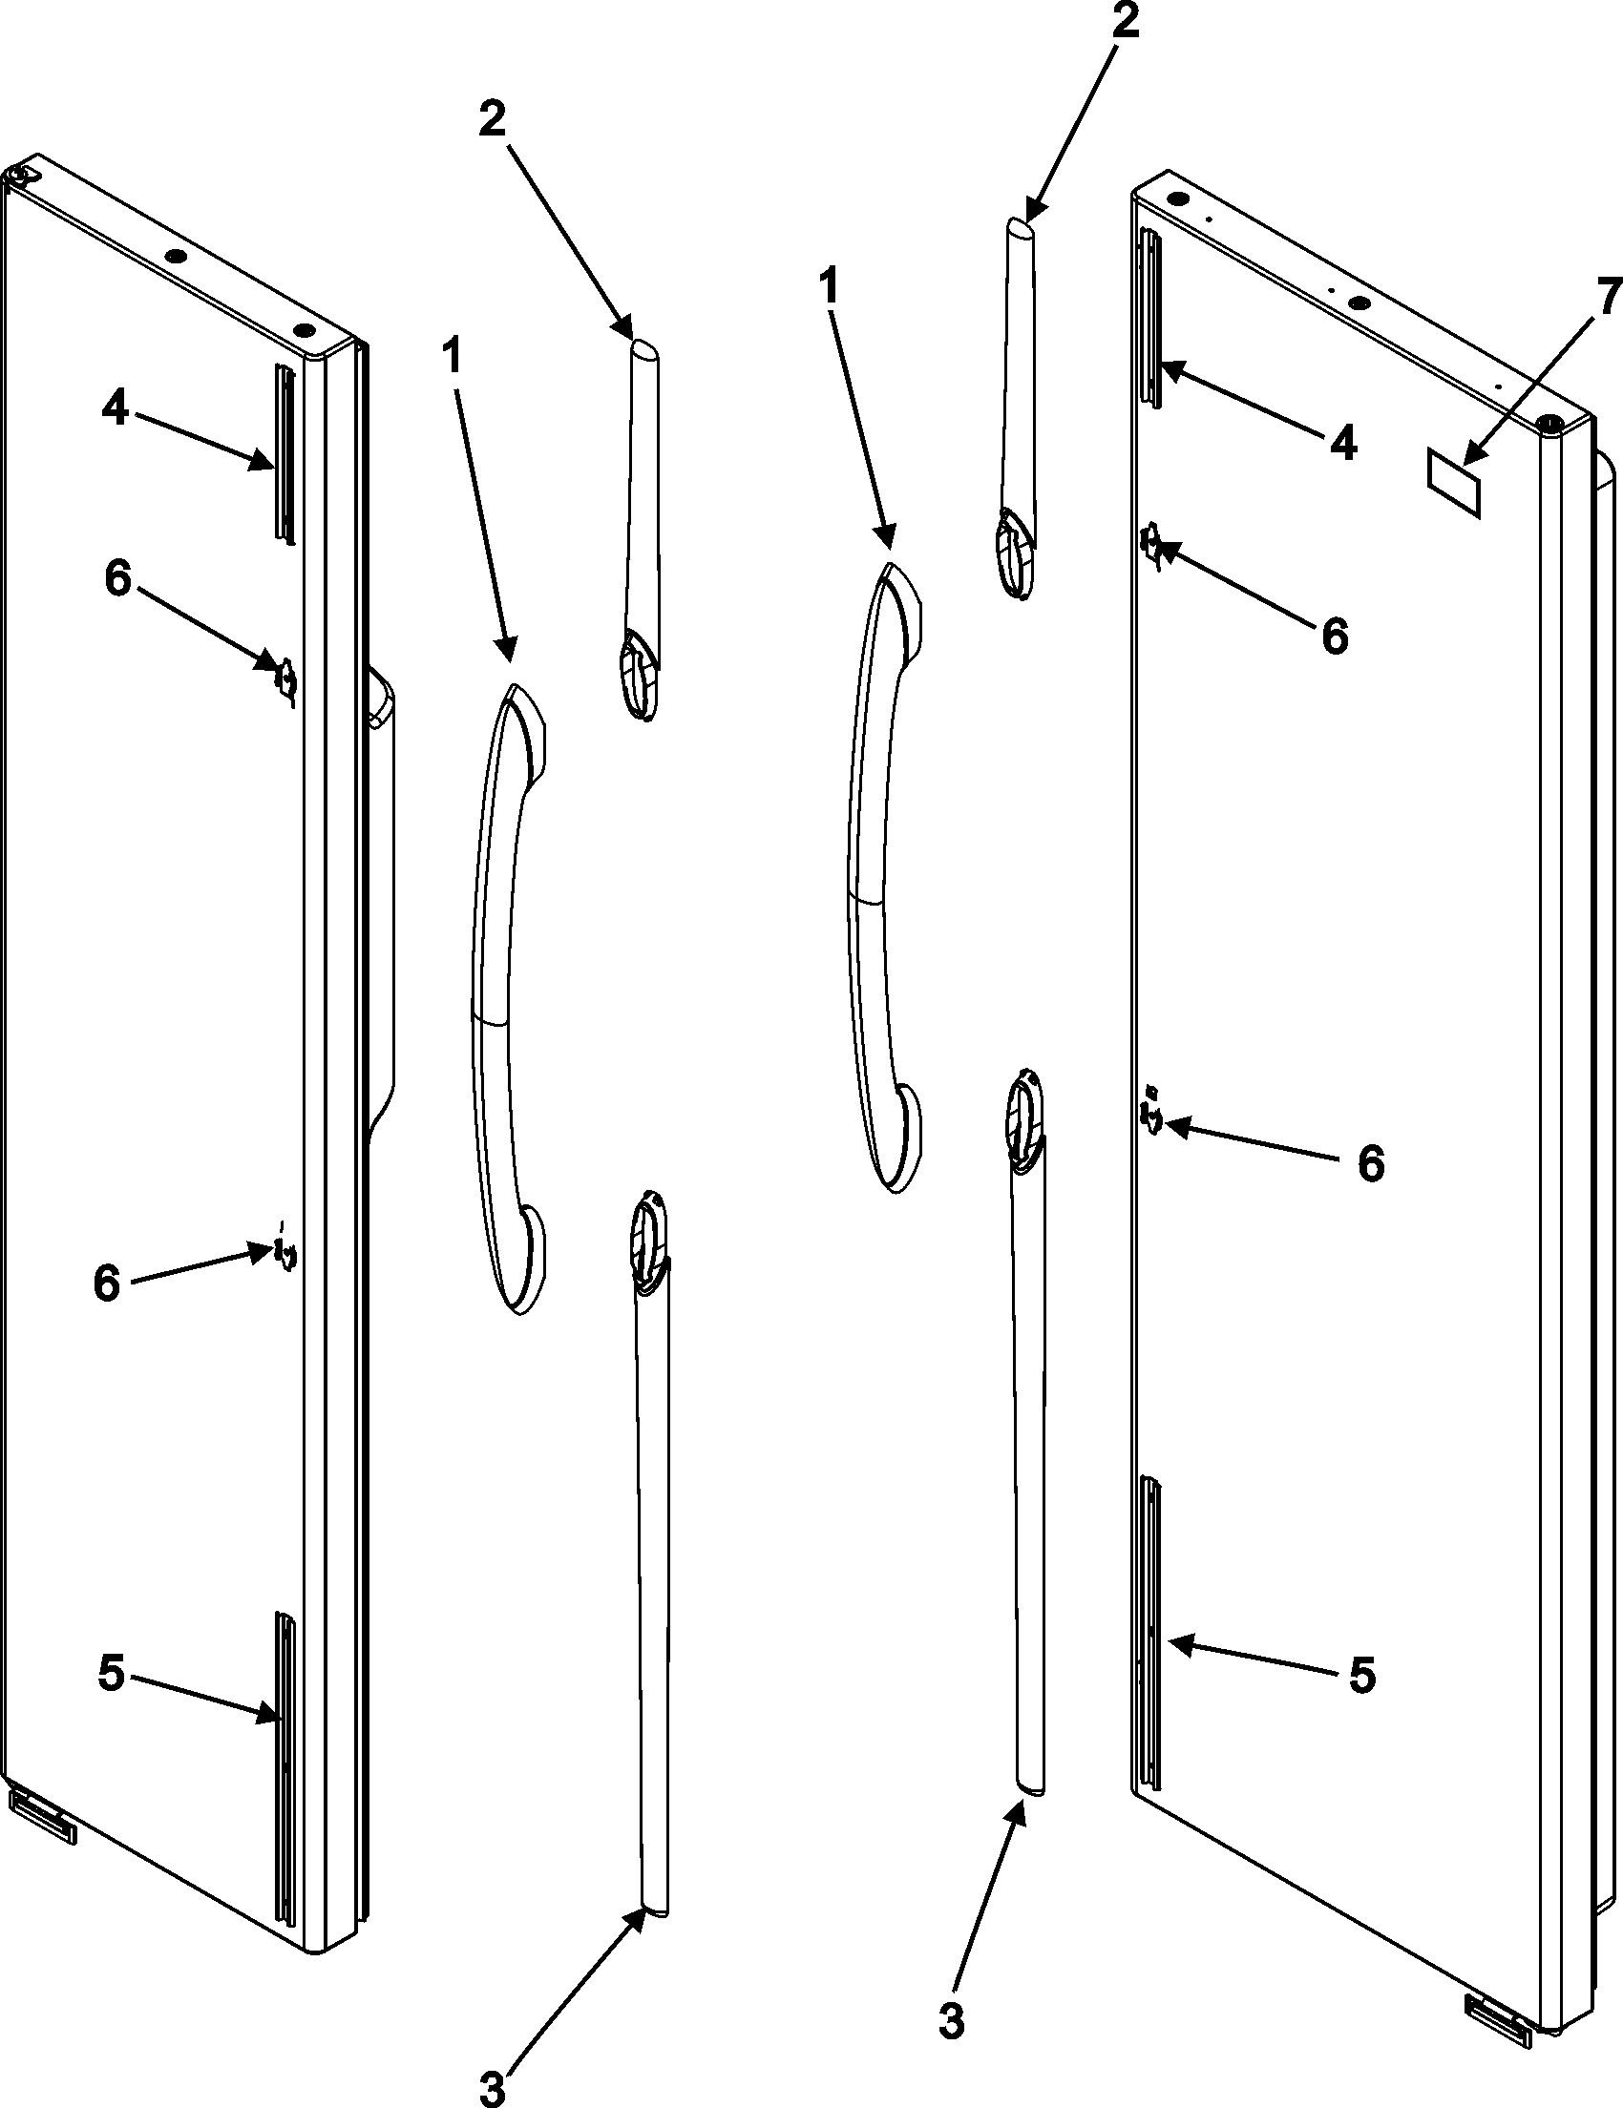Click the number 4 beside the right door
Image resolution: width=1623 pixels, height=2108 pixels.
[x=1343, y=443]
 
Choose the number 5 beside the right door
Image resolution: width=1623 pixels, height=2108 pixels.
[x=1361, y=1676]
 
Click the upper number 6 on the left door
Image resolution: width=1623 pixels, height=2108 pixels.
[x=117, y=580]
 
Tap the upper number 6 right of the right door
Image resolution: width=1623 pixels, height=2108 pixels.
[x=1335, y=637]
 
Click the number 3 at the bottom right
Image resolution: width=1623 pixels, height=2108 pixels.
[x=951, y=1993]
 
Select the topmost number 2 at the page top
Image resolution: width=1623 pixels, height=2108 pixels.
[x=1123, y=22]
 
